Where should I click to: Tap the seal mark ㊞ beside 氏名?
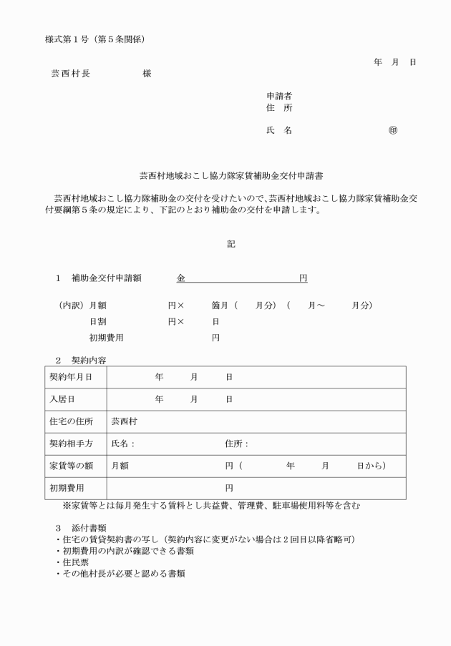pyautogui.click(x=393, y=131)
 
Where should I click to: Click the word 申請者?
pyautogui.click(x=278, y=96)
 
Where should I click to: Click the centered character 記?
pyautogui.click(x=231, y=243)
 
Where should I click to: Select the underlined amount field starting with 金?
pyautogui.click(x=242, y=278)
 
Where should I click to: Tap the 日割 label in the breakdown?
pyautogui.click(x=97, y=321)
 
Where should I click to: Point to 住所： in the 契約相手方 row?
pyautogui.click(x=236, y=444)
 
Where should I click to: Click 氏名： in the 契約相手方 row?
pyautogui.click(x=123, y=444)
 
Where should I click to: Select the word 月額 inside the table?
pyautogui.click(x=120, y=466)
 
